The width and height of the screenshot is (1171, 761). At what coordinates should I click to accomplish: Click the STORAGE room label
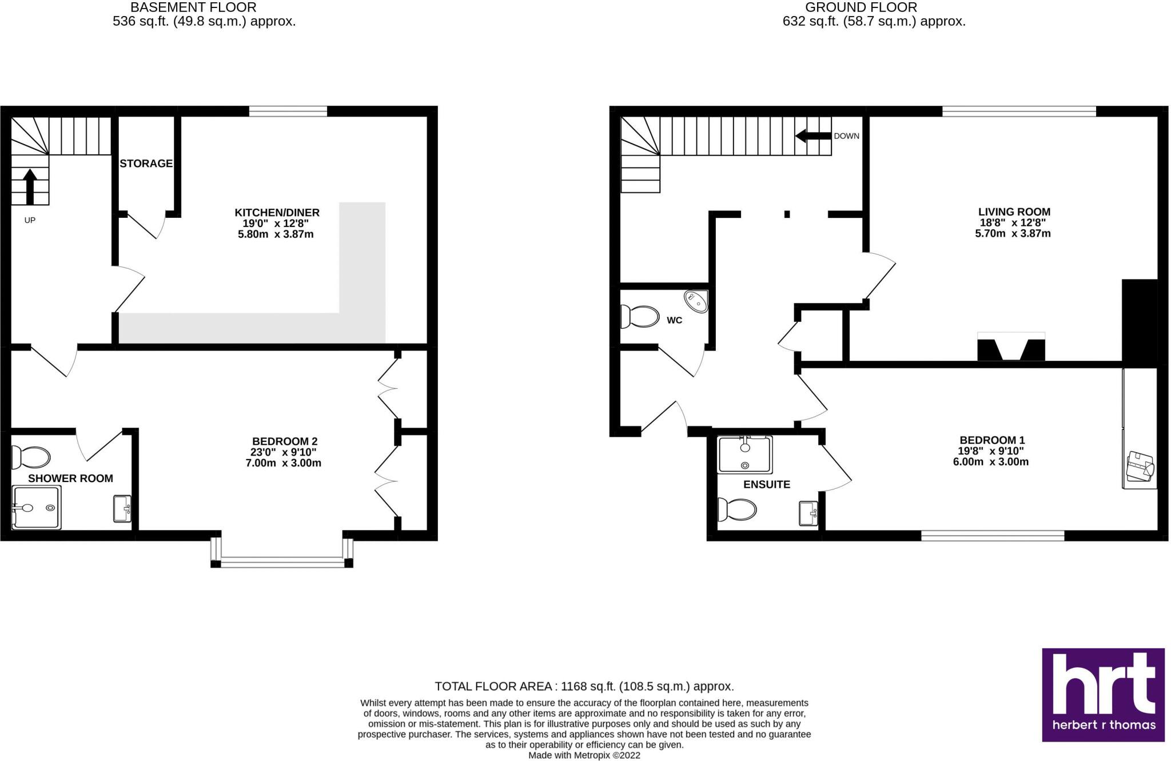(146, 164)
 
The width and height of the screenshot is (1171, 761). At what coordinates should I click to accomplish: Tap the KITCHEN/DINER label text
(277, 213)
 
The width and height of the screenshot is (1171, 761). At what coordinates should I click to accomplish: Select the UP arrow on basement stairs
(30, 186)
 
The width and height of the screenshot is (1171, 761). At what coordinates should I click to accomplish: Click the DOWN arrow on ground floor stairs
(812, 136)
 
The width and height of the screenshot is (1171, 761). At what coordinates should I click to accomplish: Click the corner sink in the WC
(696, 301)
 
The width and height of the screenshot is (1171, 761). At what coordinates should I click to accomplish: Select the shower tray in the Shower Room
(35, 507)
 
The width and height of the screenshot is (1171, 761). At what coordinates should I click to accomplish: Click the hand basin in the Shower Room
(122, 508)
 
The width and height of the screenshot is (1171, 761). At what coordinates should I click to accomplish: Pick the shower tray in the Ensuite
(744, 455)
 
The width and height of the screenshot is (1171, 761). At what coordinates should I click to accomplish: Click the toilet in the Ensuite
(737, 509)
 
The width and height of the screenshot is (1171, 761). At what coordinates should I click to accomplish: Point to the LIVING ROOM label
(1014, 212)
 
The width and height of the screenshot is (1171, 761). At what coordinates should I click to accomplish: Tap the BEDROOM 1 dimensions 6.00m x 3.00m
(990, 462)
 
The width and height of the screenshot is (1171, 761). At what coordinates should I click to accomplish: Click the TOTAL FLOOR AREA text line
(584, 686)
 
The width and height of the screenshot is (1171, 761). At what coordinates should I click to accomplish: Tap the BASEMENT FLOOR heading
(193, 7)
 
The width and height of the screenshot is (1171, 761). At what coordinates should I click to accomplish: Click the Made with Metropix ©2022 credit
(584, 755)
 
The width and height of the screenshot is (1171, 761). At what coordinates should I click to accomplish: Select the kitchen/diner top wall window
(288, 111)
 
